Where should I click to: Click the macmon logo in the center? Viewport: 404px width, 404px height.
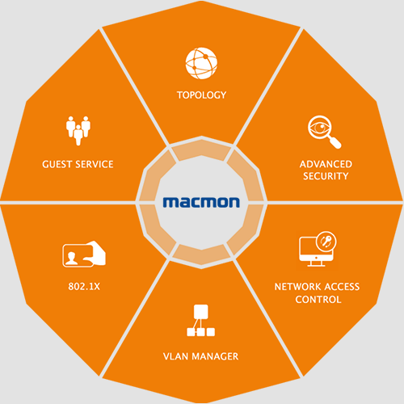coord(201,202)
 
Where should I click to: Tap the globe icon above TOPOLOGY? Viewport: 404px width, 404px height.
coord(201,63)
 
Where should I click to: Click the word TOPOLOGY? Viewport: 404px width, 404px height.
coord(201,95)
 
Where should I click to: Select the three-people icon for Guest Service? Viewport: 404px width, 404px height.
coord(78,131)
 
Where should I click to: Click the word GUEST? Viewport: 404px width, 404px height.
coord(57,164)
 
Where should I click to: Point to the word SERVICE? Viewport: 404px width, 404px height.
coord(95,164)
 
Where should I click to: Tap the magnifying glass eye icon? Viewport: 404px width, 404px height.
coord(324,132)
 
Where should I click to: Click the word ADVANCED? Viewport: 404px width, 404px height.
coord(326,164)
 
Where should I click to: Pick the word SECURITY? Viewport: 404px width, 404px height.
coord(326,176)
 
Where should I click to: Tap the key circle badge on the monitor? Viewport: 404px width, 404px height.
coord(326,241)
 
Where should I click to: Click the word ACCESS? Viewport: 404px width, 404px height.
coord(342,287)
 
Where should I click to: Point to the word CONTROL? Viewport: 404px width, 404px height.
coord(318,299)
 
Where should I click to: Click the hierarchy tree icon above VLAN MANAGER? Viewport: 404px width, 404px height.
coord(201,321)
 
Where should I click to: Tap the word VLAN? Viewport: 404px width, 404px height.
coord(175,356)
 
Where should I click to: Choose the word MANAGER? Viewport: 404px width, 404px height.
coord(215,356)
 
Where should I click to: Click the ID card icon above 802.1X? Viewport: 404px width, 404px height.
coord(84,254)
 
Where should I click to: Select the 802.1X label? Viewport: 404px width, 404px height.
coord(84,286)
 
